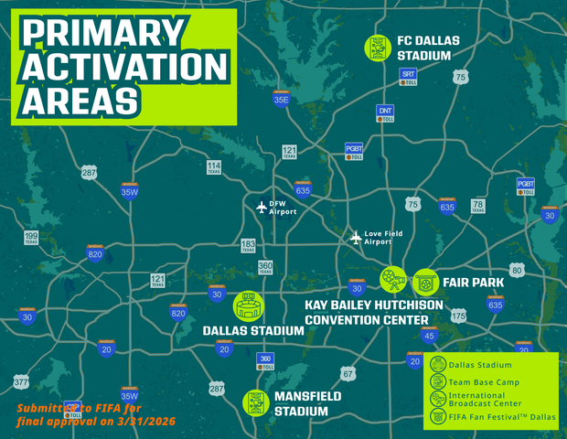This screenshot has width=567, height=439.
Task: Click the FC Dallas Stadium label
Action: pos(427,48)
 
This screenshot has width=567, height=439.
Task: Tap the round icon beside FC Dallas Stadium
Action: pos(376,47)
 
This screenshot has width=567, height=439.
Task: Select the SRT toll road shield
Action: pos(410,76)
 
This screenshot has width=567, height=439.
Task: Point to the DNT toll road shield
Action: pos(385,113)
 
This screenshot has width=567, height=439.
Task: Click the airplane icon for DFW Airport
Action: pos(262,207)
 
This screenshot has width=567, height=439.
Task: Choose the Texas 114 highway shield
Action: pos(213,166)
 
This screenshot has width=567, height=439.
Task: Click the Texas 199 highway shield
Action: pos(31,239)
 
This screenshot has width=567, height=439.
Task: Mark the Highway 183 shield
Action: pos(248,245)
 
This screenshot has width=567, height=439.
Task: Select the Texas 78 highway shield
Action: pos(477,206)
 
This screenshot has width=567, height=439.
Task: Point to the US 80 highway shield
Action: pos(518,271)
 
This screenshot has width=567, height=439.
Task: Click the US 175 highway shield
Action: pos(458,316)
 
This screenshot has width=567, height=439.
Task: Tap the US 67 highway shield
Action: pos(348,374)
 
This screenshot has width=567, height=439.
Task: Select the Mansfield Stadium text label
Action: pos(306,403)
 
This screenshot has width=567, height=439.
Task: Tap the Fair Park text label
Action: pos(473,283)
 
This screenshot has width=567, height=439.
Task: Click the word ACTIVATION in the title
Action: pos(123,67)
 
